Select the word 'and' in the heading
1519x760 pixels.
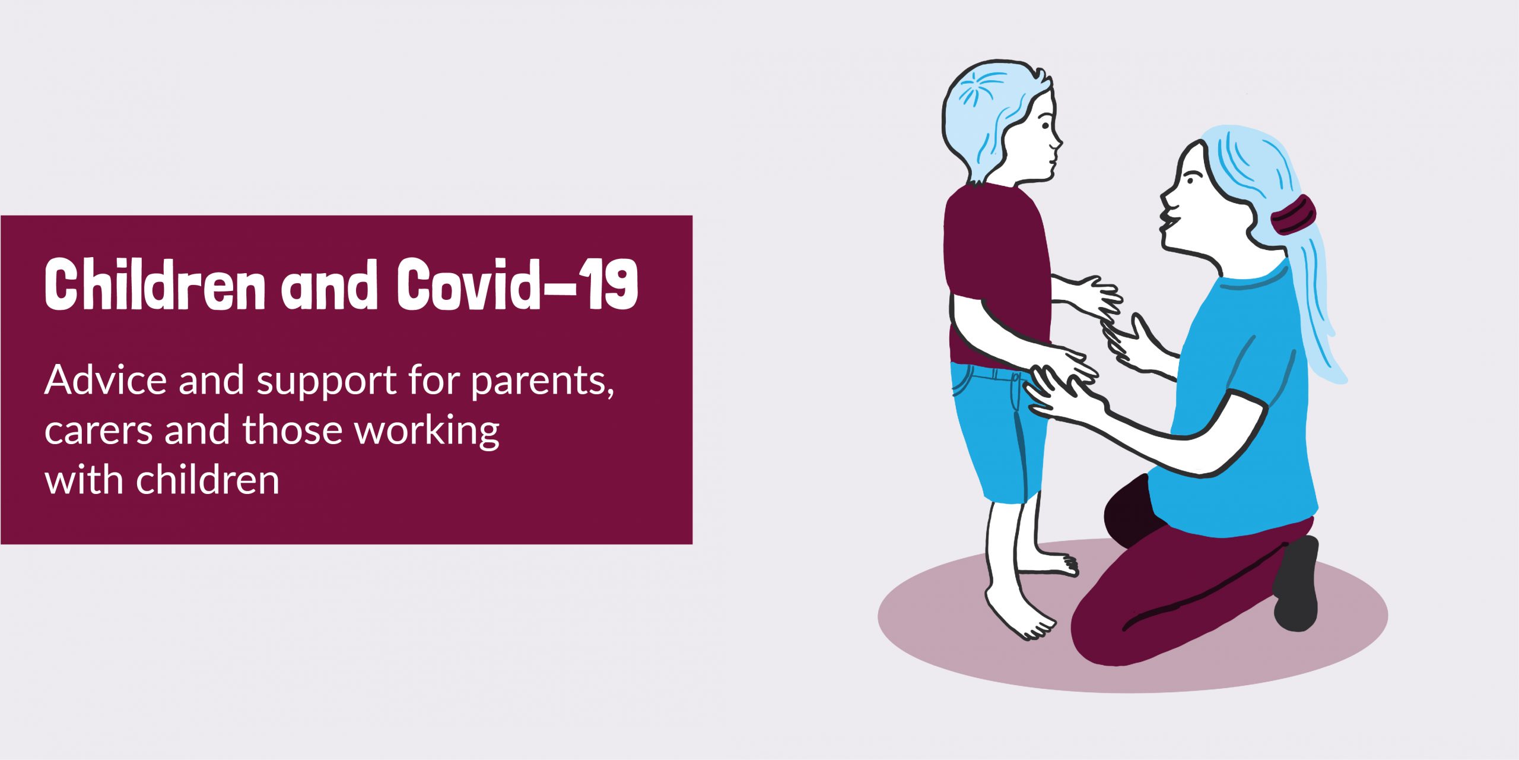click(329, 285)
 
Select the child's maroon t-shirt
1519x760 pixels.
click(994, 267)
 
